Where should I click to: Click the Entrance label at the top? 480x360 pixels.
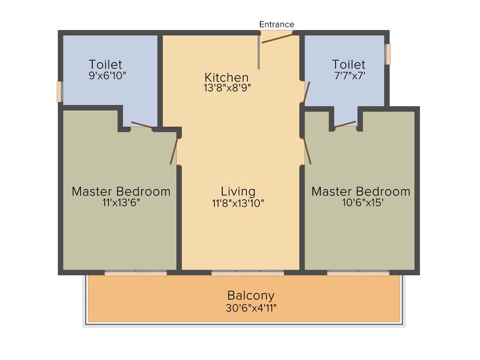(x=276, y=24)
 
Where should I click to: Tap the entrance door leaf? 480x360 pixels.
(x=277, y=38)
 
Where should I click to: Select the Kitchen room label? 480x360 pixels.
(x=226, y=77)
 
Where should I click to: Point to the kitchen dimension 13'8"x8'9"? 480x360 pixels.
(x=228, y=88)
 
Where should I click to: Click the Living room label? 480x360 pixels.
(x=238, y=192)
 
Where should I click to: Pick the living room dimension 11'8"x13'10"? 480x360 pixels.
(x=238, y=203)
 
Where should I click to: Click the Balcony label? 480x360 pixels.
(x=251, y=295)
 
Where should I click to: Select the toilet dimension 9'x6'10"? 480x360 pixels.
(x=107, y=76)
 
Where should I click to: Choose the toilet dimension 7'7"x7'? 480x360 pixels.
(x=350, y=76)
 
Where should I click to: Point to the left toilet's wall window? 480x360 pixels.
(x=60, y=91)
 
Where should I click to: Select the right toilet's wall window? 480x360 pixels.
(x=388, y=54)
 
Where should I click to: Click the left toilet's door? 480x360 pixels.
(x=141, y=125)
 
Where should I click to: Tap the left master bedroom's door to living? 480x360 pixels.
(x=174, y=151)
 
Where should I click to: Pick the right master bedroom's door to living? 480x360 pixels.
(x=307, y=151)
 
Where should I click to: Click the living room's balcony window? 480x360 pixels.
(x=247, y=274)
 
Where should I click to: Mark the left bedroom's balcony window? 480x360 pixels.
(x=136, y=274)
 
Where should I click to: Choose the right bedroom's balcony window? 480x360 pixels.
(x=358, y=274)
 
